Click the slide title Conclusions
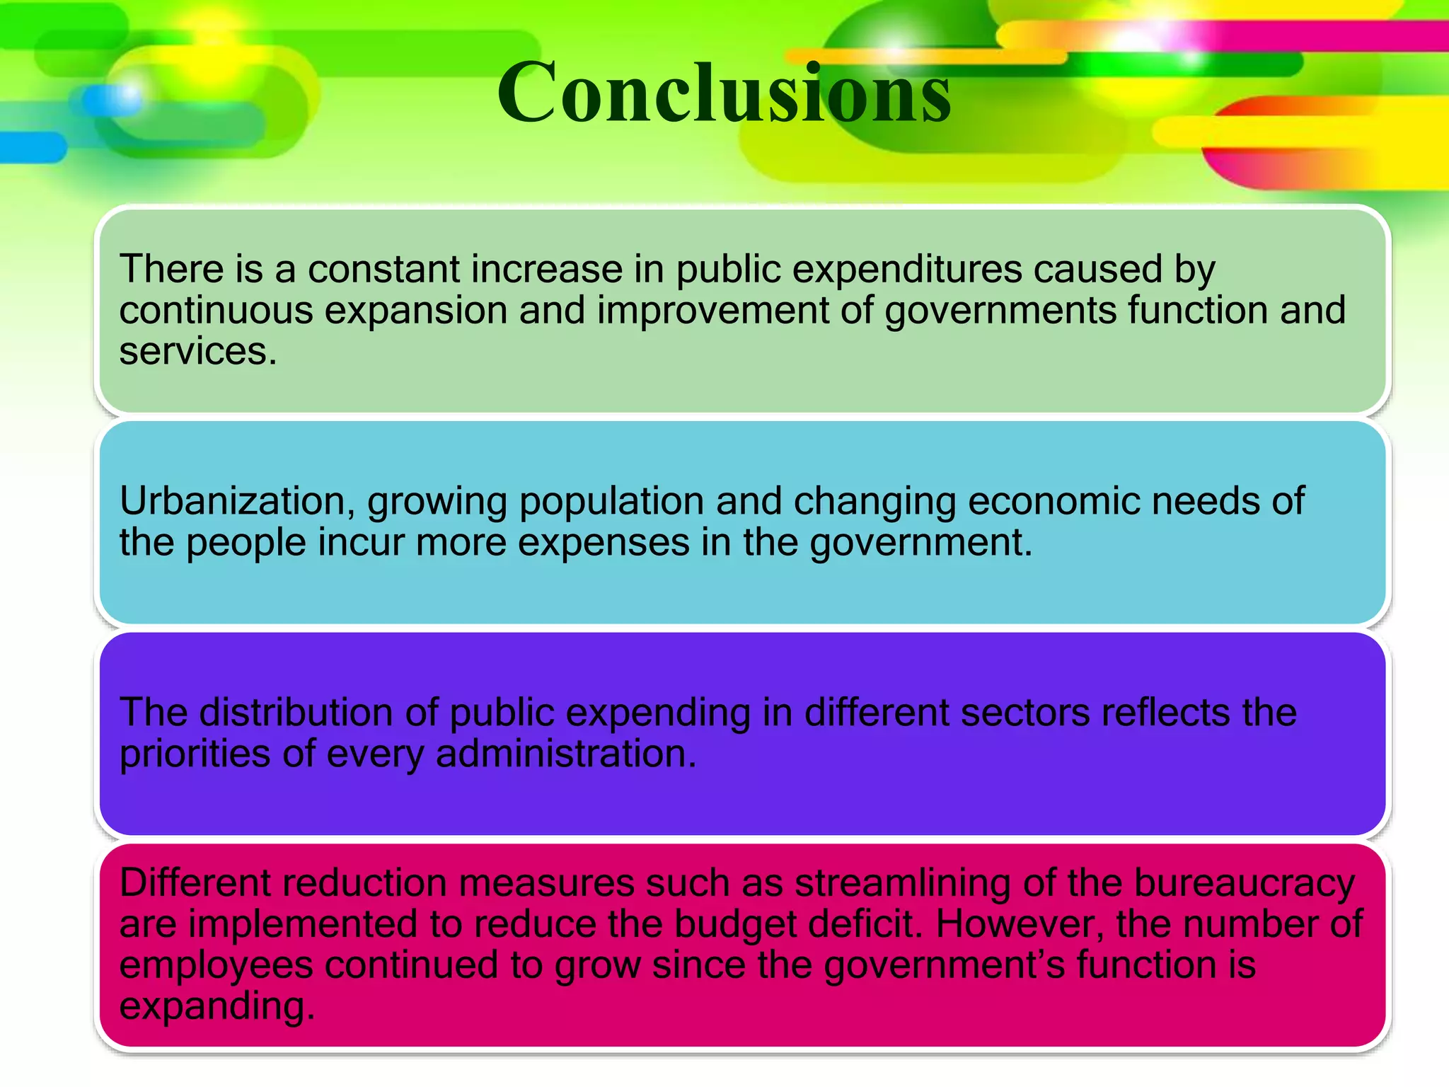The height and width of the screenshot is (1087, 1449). pyautogui.click(x=724, y=93)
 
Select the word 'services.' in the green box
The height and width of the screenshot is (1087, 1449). pyautogui.click(x=198, y=352)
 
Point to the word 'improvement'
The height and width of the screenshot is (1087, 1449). pyautogui.click(x=712, y=311)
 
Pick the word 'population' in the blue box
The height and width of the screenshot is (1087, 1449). pyautogui.click(x=611, y=502)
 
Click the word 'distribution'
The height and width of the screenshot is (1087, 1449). pyautogui.click(x=296, y=713)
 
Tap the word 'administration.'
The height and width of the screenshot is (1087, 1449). pyautogui.click(x=566, y=754)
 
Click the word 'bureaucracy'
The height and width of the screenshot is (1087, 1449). pyautogui.click(x=1245, y=883)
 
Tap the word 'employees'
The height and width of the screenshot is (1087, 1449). pyautogui.click(x=216, y=965)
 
